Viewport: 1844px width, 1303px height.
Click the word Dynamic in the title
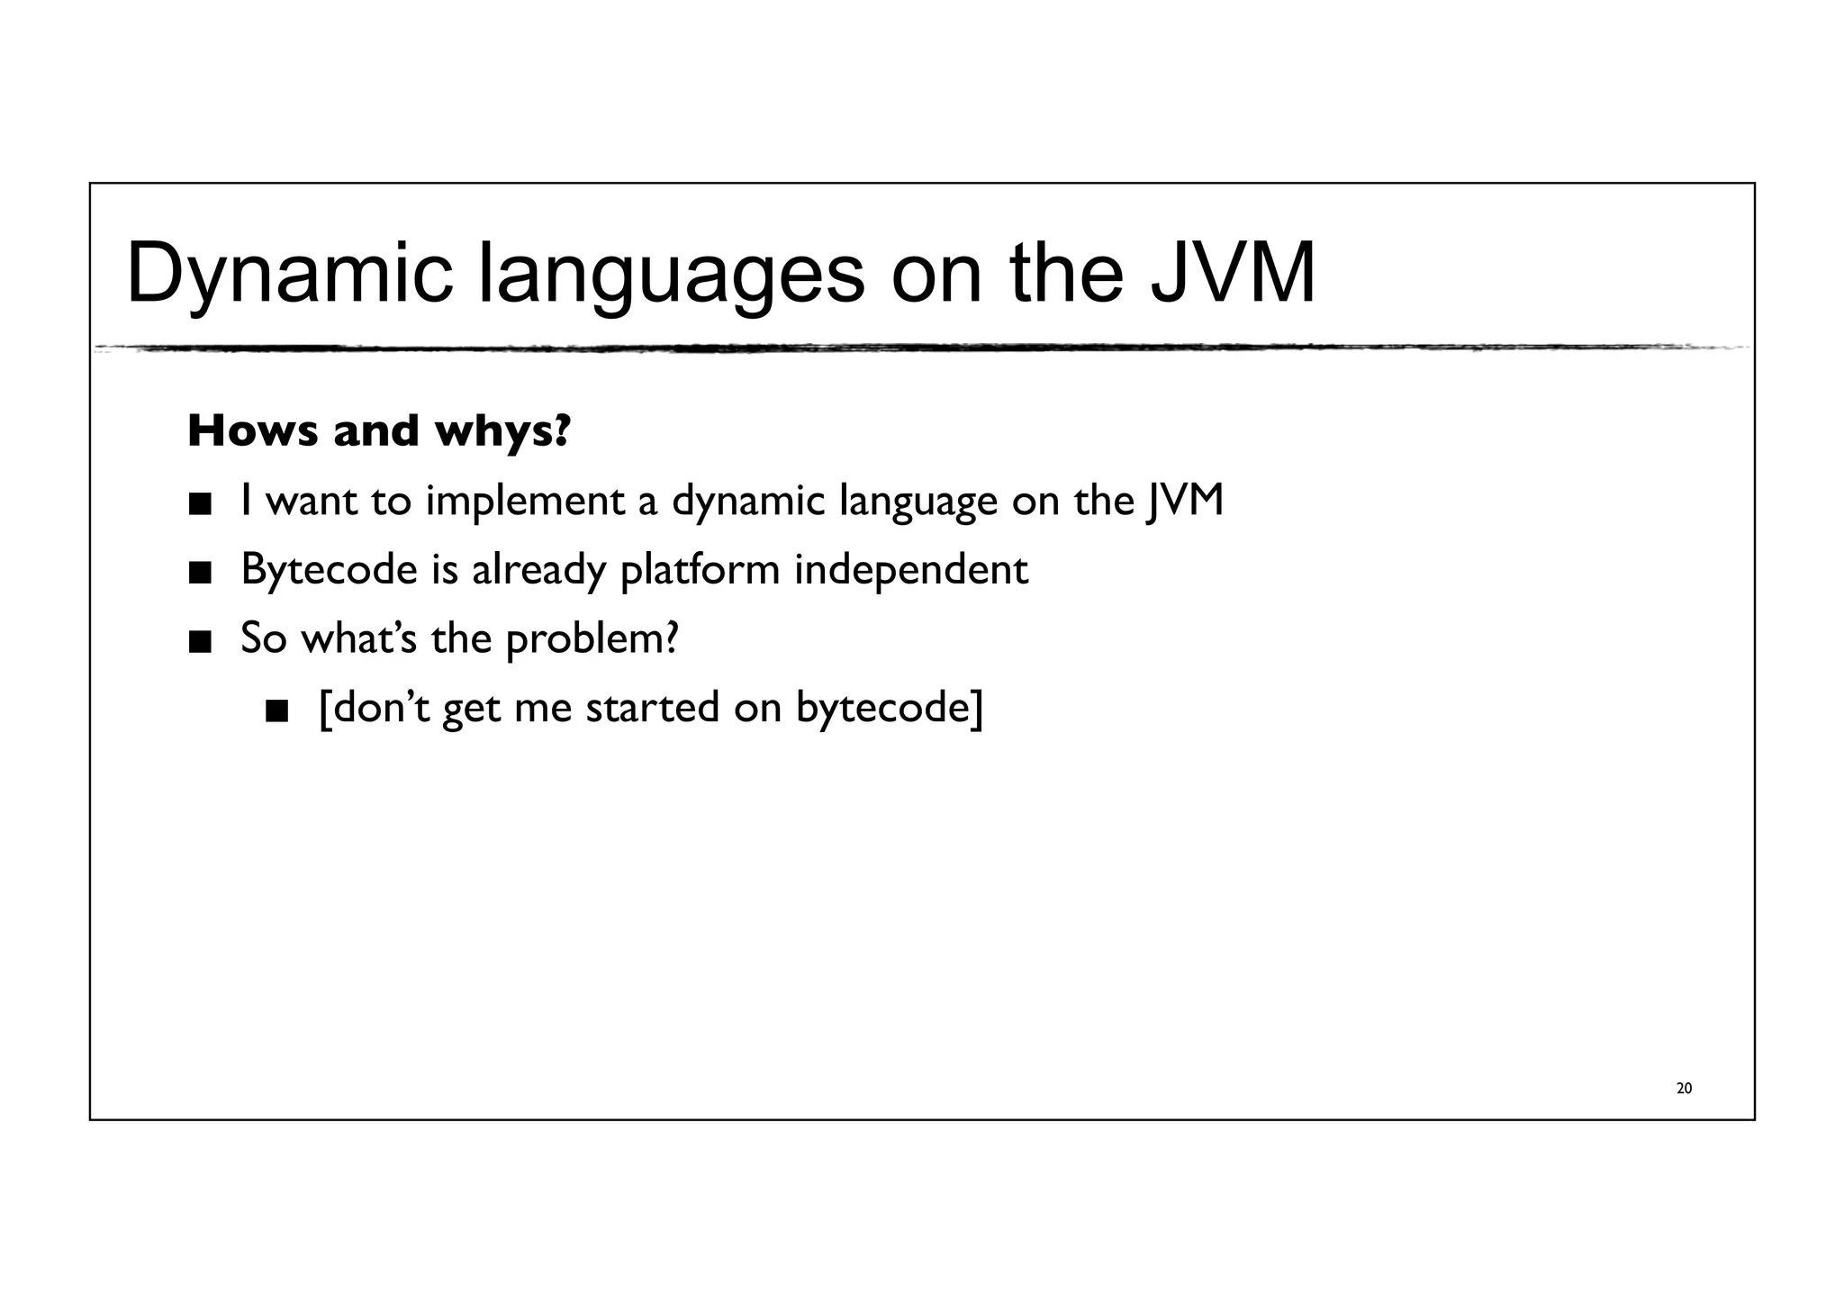[289, 273]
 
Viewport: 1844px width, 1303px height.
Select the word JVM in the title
[1233, 273]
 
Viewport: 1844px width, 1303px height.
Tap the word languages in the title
[672, 273]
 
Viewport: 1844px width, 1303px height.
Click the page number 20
[1684, 1089]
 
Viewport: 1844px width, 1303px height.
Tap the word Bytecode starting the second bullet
[329, 570]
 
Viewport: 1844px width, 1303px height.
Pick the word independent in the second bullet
[910, 570]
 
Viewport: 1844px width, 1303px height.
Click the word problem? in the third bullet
[592, 639]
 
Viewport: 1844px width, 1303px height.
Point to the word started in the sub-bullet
[653, 708]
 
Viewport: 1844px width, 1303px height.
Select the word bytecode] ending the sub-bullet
[890, 708]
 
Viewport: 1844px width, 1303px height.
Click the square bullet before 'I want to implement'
[200, 503]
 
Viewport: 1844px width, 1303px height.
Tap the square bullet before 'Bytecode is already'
[200, 573]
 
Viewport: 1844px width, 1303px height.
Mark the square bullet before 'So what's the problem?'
[200, 642]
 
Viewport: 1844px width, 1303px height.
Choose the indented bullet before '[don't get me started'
[277, 711]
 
